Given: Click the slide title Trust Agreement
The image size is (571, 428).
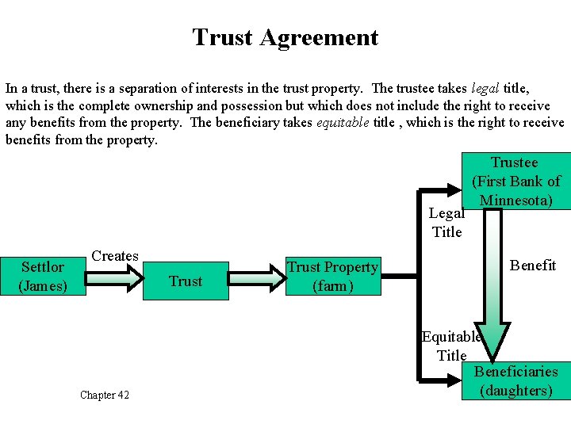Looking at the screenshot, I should [x=285, y=37].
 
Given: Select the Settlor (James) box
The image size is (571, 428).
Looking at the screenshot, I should [x=43, y=276].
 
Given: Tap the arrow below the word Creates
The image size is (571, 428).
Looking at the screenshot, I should [x=113, y=276].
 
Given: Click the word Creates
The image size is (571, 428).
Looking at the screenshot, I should [x=115, y=256].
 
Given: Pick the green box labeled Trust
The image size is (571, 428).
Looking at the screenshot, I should [x=186, y=281].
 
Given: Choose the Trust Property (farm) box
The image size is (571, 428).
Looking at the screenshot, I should [x=332, y=277].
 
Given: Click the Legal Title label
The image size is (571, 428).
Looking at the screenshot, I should [x=446, y=222].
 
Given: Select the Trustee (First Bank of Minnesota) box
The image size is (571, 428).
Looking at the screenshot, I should [x=515, y=182].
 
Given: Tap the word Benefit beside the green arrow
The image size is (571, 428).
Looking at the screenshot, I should [x=532, y=266].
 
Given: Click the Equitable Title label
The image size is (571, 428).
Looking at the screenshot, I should [x=451, y=346].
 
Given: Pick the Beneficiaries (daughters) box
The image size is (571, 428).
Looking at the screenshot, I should [x=515, y=380].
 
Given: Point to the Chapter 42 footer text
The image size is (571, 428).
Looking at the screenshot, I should [x=105, y=395].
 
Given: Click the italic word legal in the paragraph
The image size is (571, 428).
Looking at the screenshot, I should [x=485, y=89].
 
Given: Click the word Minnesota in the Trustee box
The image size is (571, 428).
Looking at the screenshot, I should [x=515, y=200].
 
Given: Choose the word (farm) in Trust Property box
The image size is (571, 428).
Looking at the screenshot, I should [x=332, y=286].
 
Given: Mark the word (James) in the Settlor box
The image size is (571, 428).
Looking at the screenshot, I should [x=43, y=285].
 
